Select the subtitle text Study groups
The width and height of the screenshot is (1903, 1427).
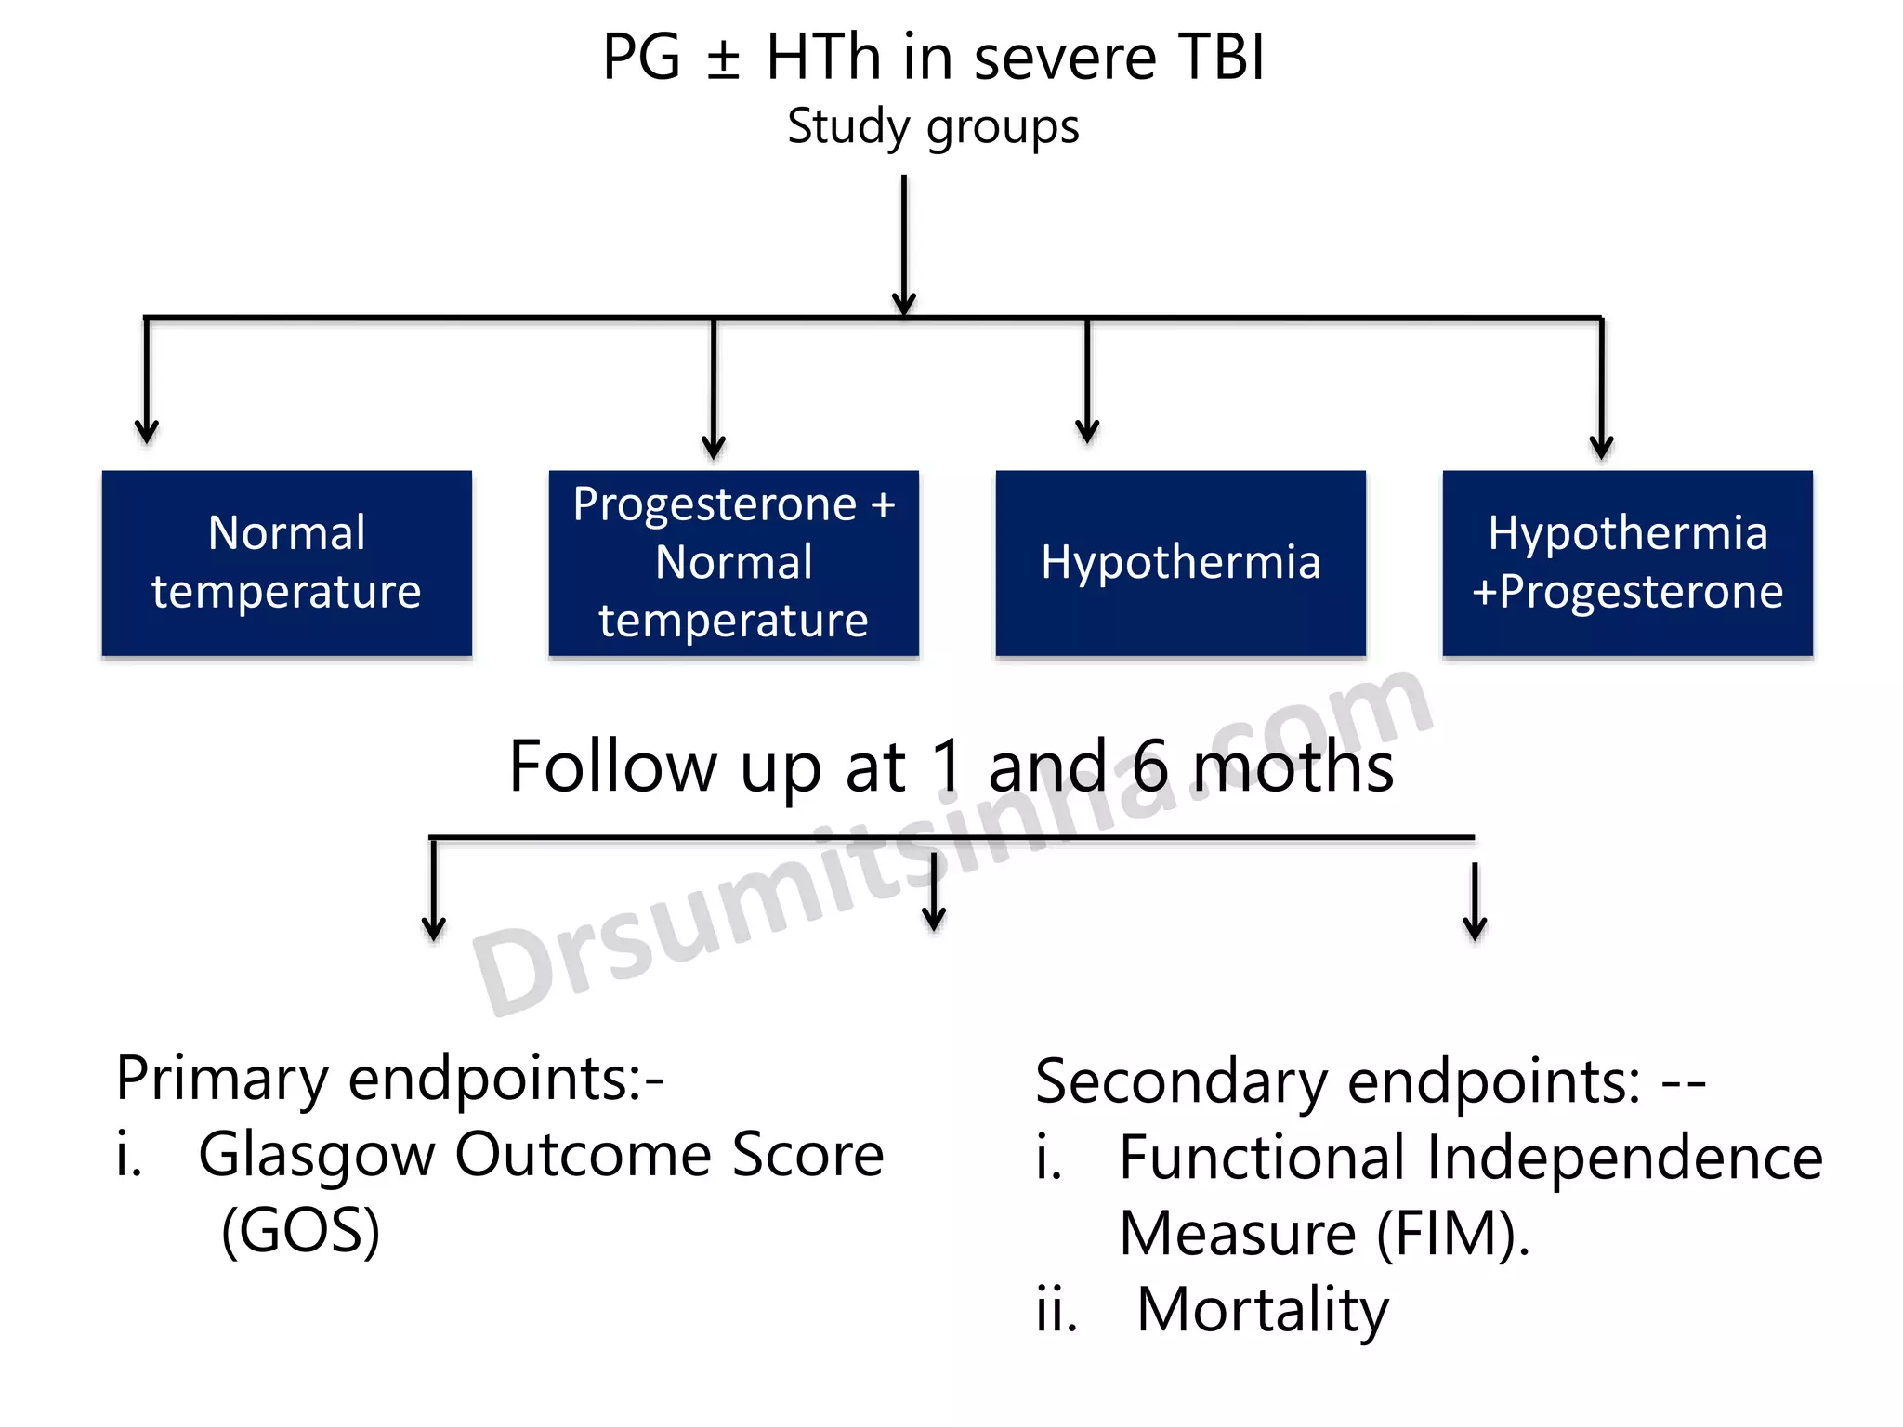point(933,126)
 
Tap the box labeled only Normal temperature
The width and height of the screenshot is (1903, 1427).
point(286,563)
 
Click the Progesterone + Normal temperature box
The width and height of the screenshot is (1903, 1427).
point(733,563)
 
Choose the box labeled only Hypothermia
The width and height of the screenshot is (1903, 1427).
point(1180,563)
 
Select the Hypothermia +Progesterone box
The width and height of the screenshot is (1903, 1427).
point(1627,563)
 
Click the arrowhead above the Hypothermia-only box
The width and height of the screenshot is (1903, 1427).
point(1087,430)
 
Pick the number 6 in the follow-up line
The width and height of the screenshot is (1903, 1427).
point(1149,767)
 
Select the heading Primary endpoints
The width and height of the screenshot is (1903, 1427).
point(389,1080)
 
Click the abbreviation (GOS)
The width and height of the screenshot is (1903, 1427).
point(300,1232)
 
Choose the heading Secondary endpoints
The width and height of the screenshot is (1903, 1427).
point(1337,1082)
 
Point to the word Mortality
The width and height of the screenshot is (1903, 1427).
point(1262,1310)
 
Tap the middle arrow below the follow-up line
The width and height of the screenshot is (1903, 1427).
point(934,897)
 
